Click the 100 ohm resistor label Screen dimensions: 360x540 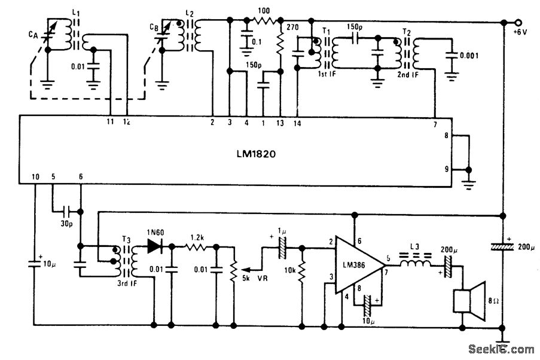tap(264, 11)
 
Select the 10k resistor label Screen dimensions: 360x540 tap(291, 270)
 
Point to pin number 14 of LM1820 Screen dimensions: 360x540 tap(297, 123)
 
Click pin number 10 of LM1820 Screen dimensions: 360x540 tap(35, 177)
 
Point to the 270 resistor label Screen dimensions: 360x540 tap(293, 28)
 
